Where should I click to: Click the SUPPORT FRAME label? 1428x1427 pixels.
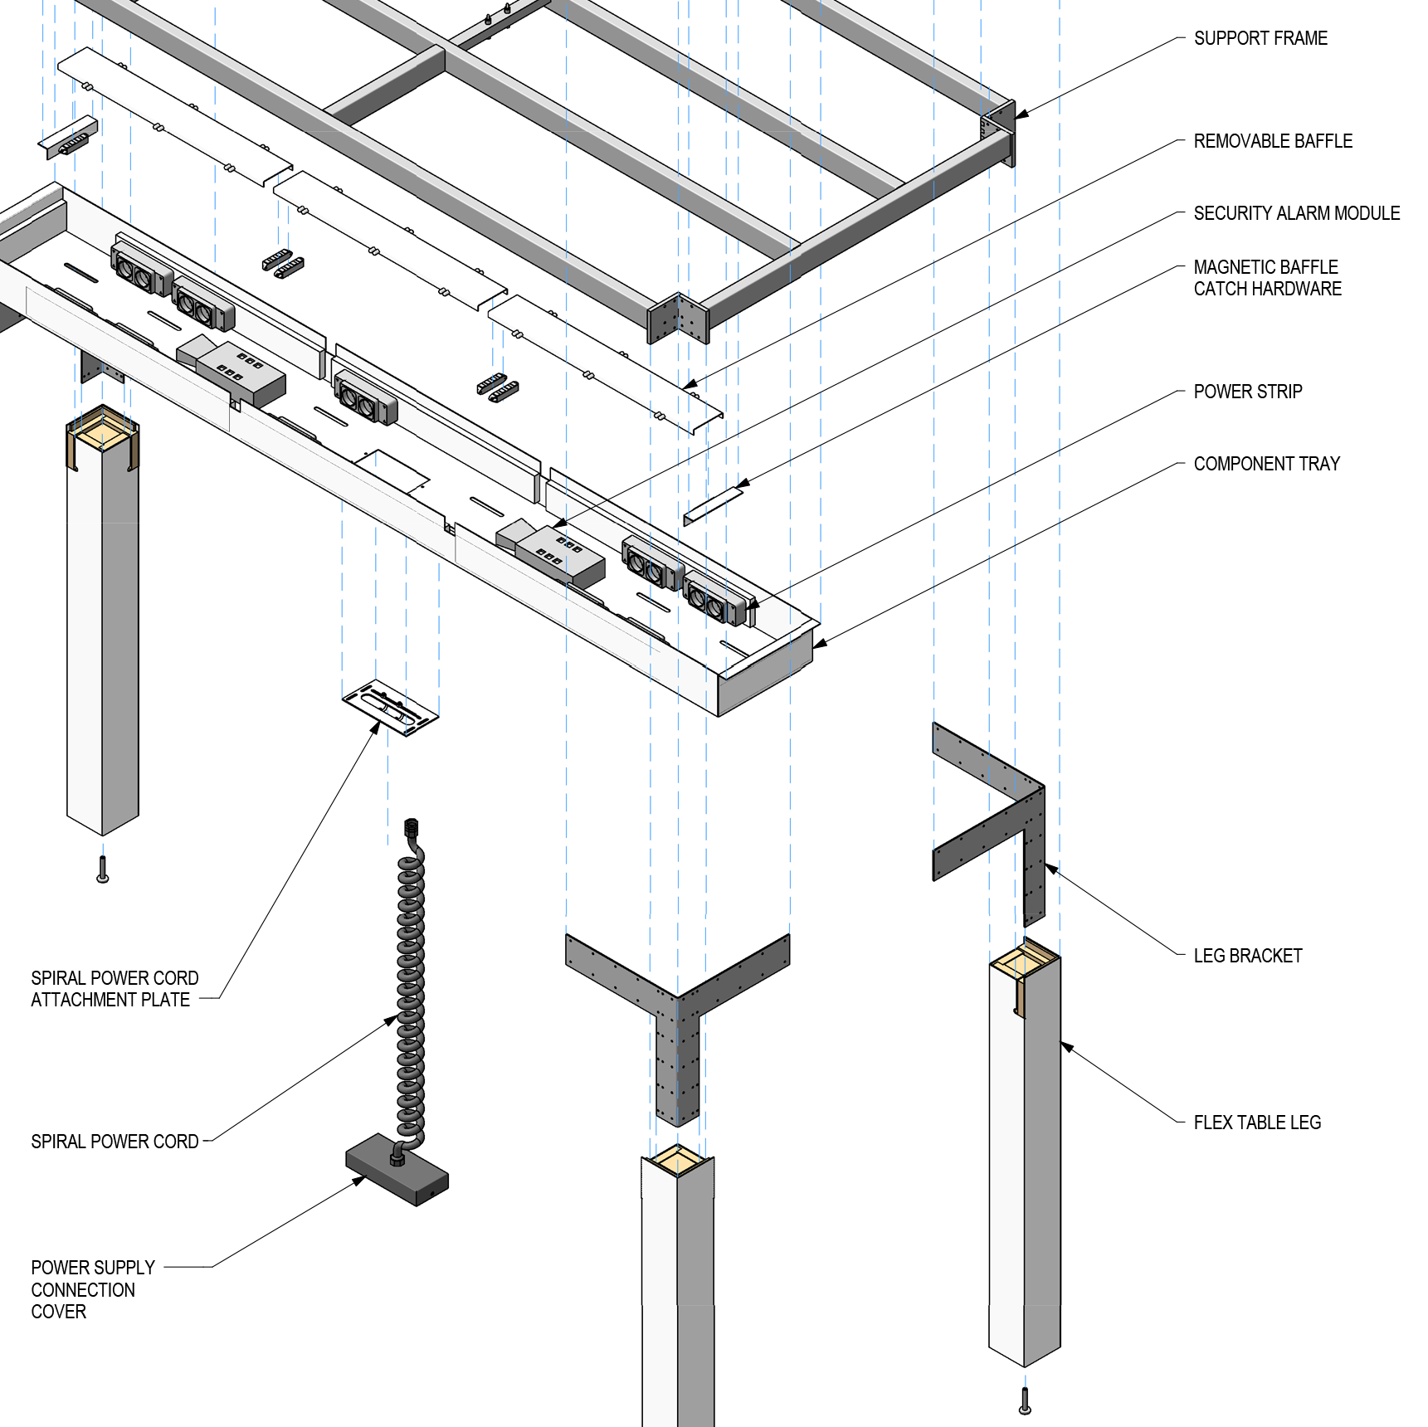1260,38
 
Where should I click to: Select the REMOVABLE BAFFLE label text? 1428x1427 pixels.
1272,141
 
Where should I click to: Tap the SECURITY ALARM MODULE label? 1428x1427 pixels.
1296,213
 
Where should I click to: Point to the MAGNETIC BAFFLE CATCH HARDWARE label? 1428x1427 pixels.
1266,278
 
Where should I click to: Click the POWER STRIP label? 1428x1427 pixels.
1247,392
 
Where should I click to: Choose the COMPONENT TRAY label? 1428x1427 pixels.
1266,464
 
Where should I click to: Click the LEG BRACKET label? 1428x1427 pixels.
1247,956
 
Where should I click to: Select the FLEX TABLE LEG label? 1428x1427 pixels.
1256,1123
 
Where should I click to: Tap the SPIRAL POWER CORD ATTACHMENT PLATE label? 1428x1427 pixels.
114,989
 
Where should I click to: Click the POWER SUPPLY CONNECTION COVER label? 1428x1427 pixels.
91,1289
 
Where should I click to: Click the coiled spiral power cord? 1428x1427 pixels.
411,987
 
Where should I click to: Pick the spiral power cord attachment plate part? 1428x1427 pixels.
390,708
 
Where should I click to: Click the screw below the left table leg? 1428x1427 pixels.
103,870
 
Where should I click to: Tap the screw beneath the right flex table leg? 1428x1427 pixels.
1025,1401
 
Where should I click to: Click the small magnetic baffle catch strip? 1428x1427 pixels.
712,505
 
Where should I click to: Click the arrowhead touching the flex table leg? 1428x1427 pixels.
1067,1047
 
